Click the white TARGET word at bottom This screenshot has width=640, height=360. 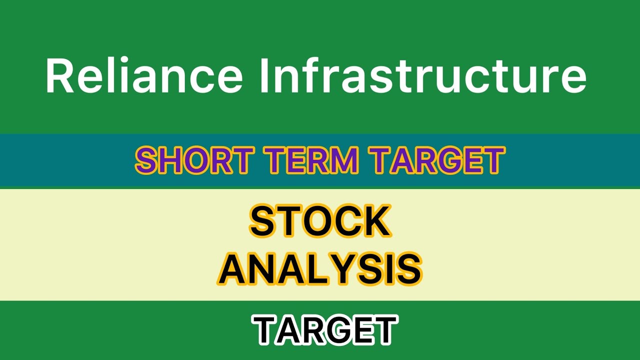[325, 330]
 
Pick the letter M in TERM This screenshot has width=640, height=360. [345, 160]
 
